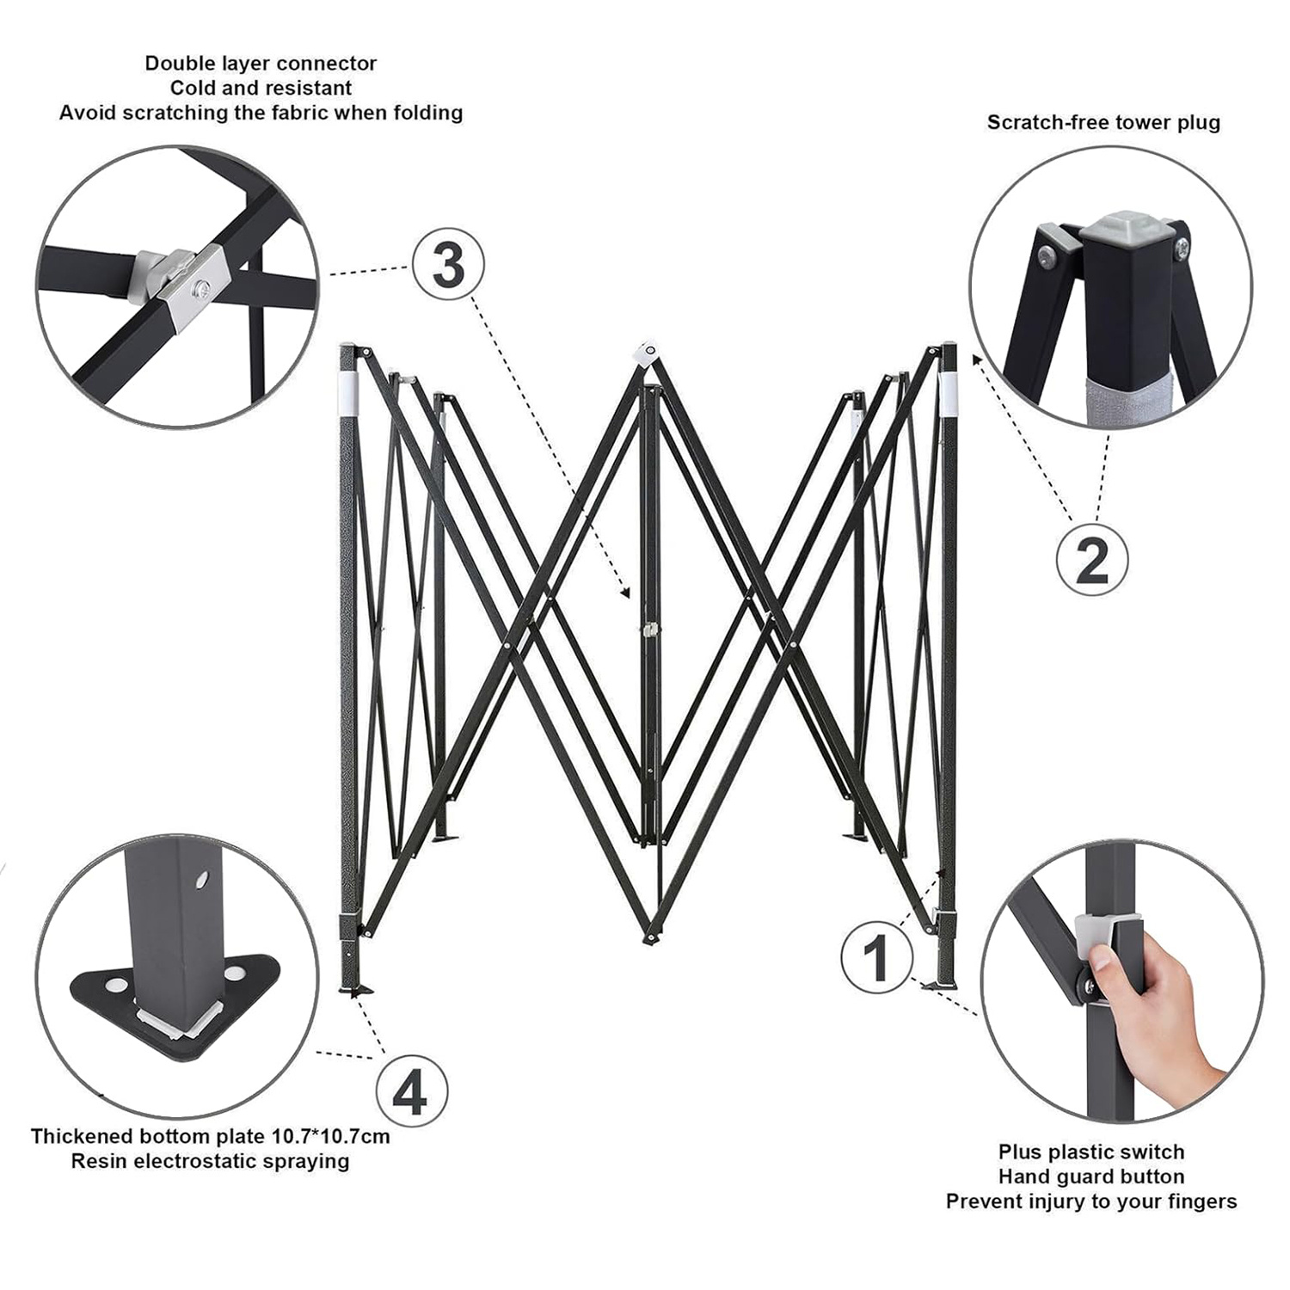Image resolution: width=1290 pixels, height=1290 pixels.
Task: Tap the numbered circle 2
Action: point(1091,560)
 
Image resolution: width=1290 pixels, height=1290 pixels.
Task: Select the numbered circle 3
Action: point(448,266)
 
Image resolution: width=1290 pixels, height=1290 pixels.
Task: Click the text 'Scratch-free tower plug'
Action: point(1103,122)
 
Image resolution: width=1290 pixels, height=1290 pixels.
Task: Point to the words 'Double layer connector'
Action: point(261,63)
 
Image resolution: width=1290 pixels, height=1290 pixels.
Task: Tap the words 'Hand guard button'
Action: point(1091,1176)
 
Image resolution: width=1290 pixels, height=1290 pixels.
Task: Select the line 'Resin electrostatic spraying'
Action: point(210,1161)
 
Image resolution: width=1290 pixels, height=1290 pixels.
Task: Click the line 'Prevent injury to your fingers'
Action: point(1091,1201)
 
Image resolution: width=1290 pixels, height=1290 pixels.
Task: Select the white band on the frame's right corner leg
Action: point(949,391)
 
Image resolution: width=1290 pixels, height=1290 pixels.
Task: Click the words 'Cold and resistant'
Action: point(261,88)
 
